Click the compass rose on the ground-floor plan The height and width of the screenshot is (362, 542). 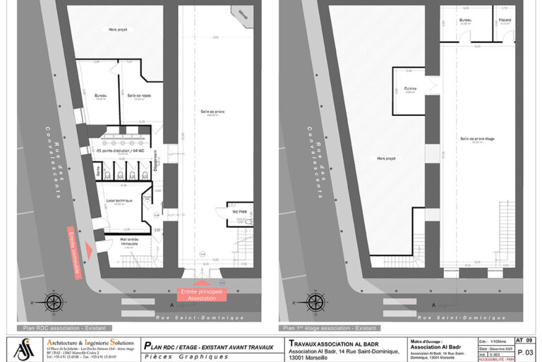[x=54, y=302]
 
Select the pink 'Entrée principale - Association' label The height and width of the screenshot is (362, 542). [x=202, y=293]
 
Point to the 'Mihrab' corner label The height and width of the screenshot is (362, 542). [x=243, y=12]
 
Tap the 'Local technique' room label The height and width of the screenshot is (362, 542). [x=119, y=200]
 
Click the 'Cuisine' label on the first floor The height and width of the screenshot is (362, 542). [x=410, y=88]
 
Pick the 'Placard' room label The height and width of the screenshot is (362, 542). [x=505, y=20]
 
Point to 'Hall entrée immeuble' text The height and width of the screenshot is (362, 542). [x=128, y=242]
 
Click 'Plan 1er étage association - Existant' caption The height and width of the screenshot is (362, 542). [x=330, y=328]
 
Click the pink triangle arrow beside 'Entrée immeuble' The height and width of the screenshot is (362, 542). [x=88, y=247]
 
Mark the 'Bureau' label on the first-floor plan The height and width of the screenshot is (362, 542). [x=464, y=20]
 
